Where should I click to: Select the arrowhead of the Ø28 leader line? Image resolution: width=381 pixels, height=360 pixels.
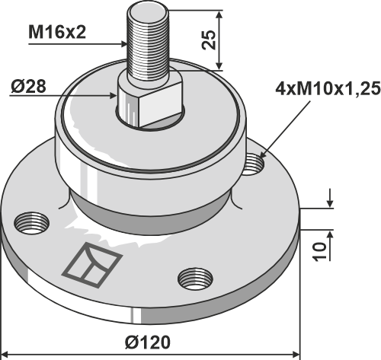[117, 97]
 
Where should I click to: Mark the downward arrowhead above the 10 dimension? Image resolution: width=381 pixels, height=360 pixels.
[328, 205]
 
